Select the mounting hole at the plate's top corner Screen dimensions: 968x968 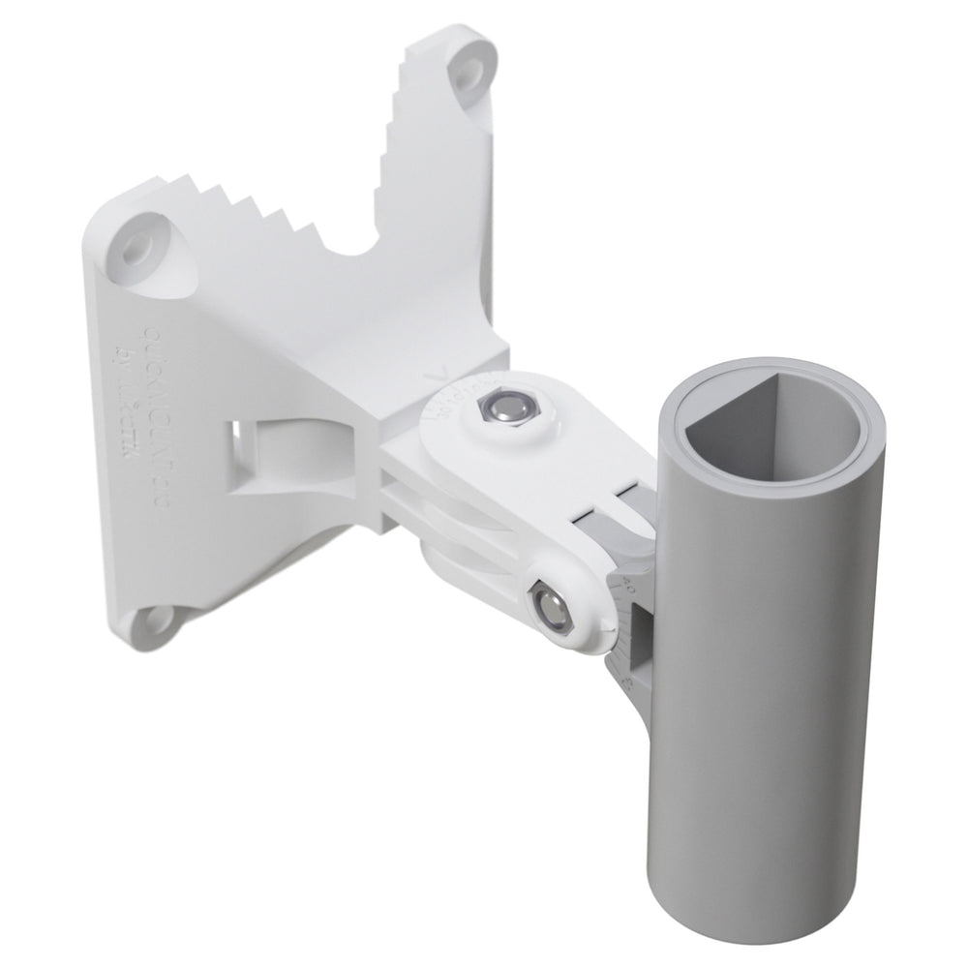coord(471,68)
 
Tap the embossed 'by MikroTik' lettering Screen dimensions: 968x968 coord(125,407)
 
